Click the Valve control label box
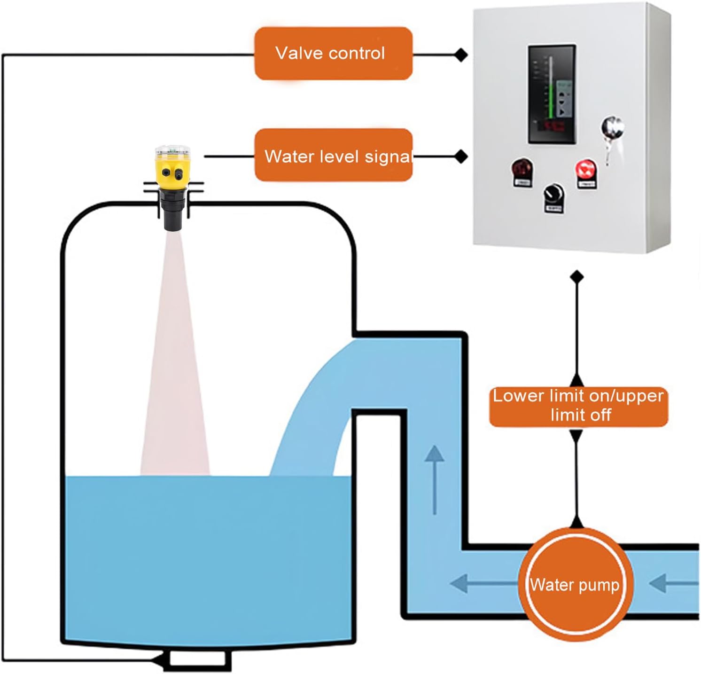[333, 53]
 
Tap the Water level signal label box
[333, 156]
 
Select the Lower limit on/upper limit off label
[578, 406]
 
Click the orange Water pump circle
[576, 585]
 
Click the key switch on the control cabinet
[612, 128]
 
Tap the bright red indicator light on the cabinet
[586, 170]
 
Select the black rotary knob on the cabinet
[553, 194]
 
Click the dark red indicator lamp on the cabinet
[521, 169]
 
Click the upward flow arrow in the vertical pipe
[435, 479]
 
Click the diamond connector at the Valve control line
[461, 55]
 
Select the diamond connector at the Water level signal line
[461, 157]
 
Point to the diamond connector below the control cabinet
[577, 277]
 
